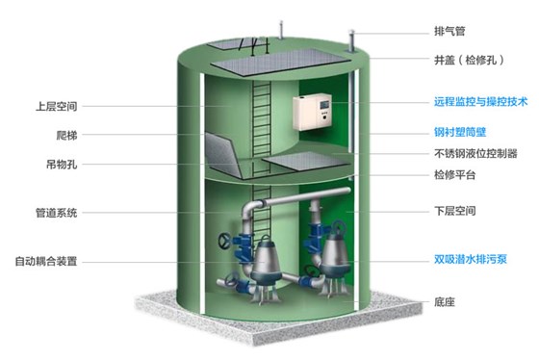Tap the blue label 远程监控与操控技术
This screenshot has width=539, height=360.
482,100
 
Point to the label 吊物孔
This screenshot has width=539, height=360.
76,165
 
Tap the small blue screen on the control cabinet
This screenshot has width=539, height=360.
324,106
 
